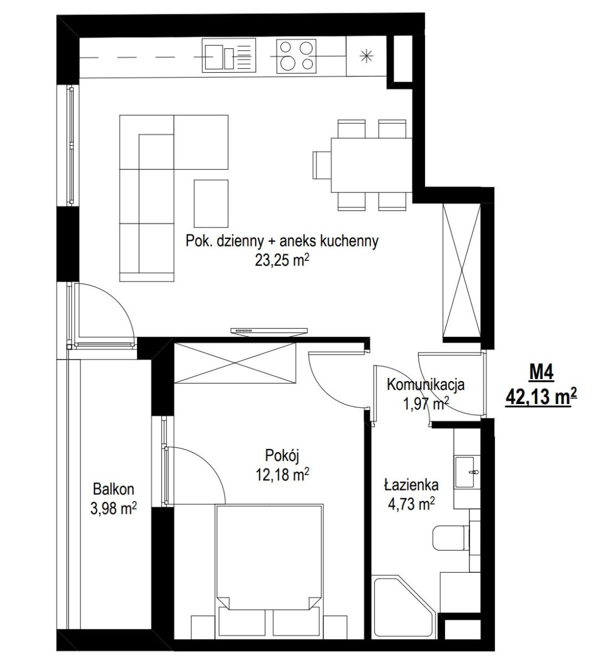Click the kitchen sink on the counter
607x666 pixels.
tap(229, 55)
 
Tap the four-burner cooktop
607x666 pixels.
tap(296, 56)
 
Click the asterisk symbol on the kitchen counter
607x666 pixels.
tap(366, 57)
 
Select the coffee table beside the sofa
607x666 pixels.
tap(211, 204)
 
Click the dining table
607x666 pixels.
tap(371, 165)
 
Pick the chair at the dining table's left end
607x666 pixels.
tap(322, 165)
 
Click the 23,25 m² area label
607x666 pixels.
tap(282, 261)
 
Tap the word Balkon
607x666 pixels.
tap(114, 489)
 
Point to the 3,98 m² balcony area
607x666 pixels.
tap(114, 508)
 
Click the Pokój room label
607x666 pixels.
tap(282, 456)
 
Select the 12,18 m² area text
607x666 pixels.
tap(282, 475)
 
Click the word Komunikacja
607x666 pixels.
tap(426, 385)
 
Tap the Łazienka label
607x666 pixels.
tap(411, 485)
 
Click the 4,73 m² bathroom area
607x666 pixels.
tap(411, 504)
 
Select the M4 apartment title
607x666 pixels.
tap(542, 373)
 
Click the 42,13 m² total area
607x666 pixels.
tap(541, 397)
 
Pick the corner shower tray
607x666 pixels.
tap(404, 608)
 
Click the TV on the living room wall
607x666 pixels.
tap(269, 331)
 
